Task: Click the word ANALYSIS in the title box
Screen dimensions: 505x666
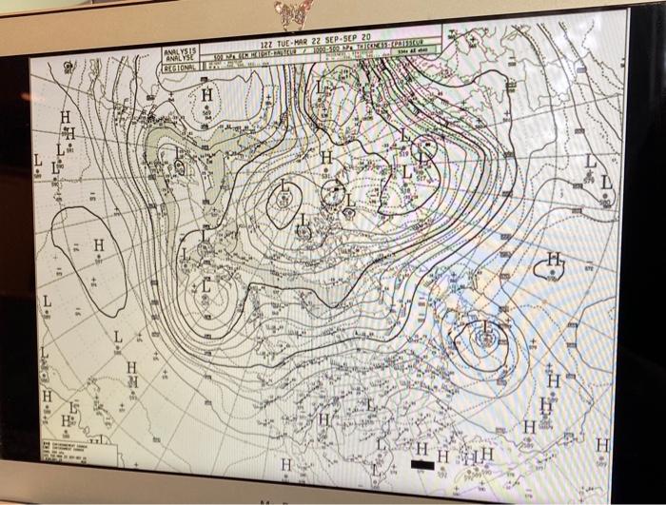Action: pyautogui.click(x=180, y=51)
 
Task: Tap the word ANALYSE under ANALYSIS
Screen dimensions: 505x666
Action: pyautogui.click(x=180, y=59)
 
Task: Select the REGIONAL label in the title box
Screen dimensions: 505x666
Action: pyautogui.click(x=180, y=68)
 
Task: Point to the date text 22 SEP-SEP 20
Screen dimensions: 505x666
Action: pyautogui.click(x=342, y=38)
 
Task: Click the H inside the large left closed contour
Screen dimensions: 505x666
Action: pyautogui.click(x=98, y=245)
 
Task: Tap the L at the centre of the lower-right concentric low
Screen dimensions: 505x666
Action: pyautogui.click(x=484, y=332)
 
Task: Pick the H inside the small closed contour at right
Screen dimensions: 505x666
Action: pyautogui.click(x=554, y=262)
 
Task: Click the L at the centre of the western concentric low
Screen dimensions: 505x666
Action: pyautogui.click(x=207, y=287)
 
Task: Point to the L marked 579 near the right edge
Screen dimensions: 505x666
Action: pyautogui.click(x=591, y=164)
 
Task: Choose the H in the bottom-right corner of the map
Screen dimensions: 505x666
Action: pyautogui.click(x=600, y=445)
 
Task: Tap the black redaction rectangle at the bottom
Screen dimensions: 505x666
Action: pyautogui.click(x=421, y=466)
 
